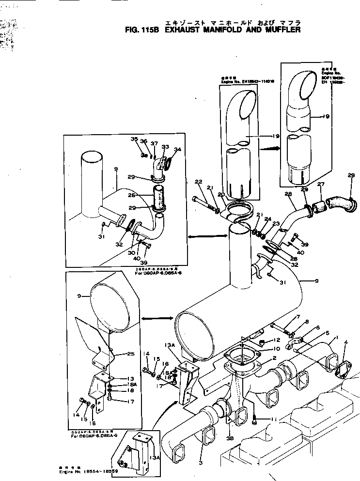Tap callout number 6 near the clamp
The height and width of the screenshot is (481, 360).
(317, 327)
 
